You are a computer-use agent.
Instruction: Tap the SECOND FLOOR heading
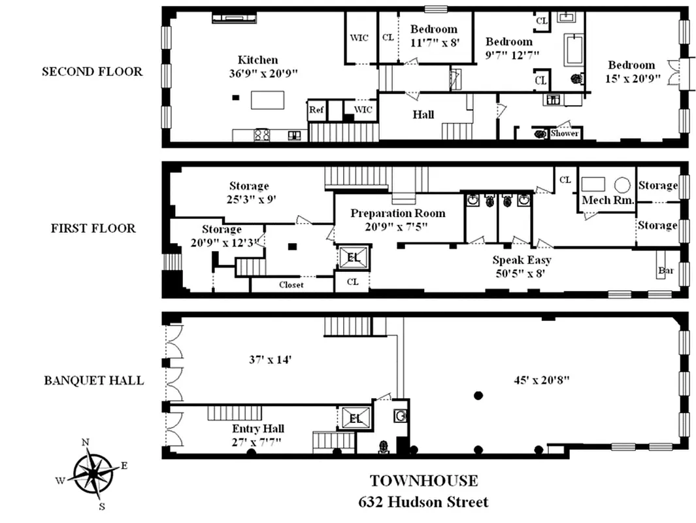coord(92,71)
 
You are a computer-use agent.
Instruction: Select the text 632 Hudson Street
coord(423,502)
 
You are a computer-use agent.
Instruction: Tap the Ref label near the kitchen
coord(317,110)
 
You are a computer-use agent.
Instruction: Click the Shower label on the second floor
coord(565,133)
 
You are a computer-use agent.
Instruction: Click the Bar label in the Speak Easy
coord(666,270)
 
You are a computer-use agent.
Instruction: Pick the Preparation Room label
coord(397,213)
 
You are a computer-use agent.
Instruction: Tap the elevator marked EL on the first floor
coord(354,258)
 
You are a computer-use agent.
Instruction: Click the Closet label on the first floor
coord(291,284)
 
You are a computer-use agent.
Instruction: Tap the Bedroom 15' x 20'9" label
coord(631,71)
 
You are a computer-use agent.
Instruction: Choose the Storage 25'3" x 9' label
coord(248,192)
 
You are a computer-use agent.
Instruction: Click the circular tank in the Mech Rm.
coord(622,185)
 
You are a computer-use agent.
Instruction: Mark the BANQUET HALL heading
coord(94,380)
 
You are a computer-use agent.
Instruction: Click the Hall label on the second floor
coord(423,114)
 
